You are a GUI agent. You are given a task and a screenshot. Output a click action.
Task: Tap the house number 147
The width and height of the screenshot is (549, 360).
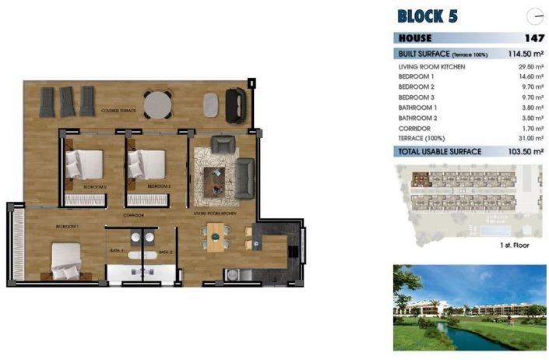533,37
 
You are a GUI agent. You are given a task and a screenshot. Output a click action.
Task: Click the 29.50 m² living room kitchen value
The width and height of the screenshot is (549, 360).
526,68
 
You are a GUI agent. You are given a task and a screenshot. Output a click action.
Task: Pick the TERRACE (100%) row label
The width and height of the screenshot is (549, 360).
422,137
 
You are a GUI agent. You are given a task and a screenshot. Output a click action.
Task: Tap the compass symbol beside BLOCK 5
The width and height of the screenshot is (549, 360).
534,16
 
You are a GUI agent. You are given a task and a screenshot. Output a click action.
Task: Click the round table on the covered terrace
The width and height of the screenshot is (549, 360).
158,103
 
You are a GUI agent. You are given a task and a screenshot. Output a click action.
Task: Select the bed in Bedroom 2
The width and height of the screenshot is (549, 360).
83,164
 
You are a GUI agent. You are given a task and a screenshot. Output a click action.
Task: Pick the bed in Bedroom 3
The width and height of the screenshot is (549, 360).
146,164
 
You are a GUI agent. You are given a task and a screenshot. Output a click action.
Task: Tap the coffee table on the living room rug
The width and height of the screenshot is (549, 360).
214,180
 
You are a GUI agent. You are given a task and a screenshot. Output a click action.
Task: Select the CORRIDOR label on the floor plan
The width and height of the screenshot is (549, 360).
134,214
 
